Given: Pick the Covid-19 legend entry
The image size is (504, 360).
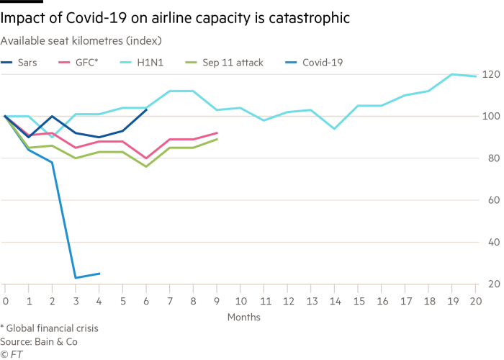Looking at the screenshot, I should pos(321,63).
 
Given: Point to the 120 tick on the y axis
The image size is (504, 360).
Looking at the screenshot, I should pos(491,73).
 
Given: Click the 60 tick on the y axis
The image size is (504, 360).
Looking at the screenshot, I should pos(491,199).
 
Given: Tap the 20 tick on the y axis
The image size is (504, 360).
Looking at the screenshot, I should pos(491,284).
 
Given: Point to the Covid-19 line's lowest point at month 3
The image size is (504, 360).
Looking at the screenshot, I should pos(76,278).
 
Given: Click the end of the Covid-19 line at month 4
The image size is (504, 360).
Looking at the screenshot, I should pos(99,274).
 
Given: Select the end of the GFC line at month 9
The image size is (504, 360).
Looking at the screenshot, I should pos(217,132).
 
